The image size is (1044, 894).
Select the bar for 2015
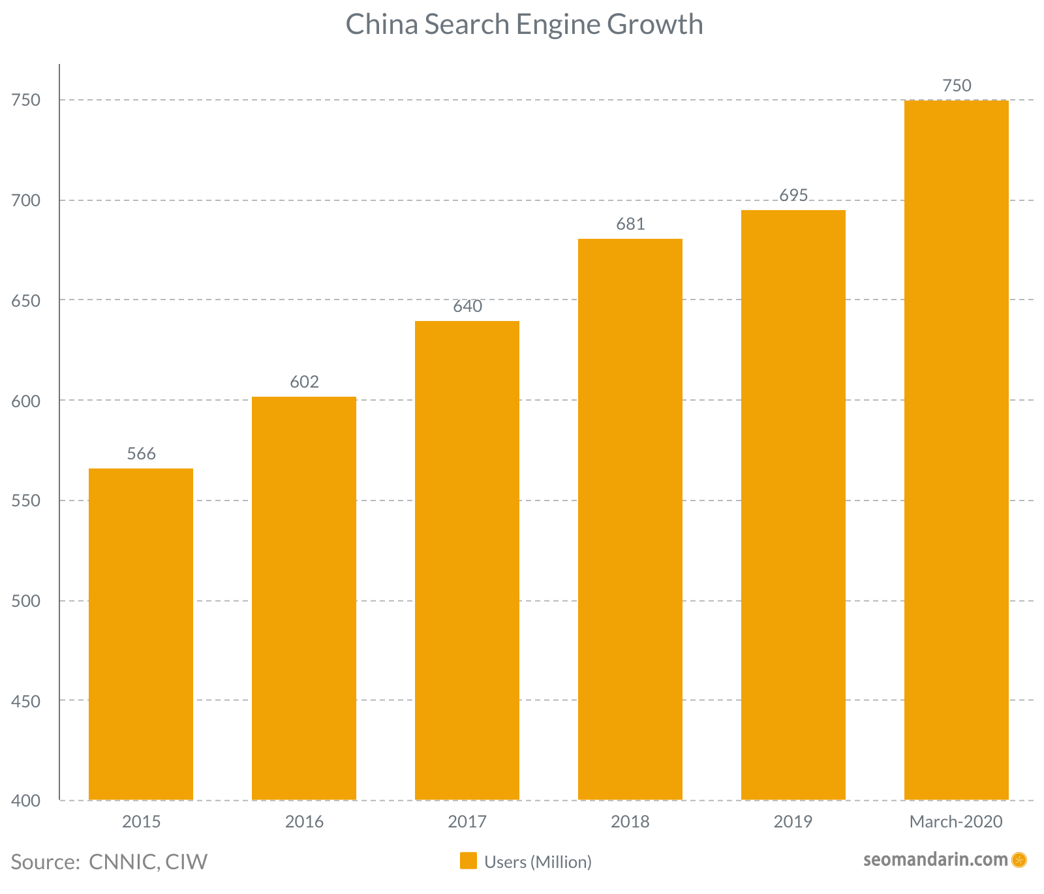click(x=141, y=634)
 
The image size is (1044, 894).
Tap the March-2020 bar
click(x=956, y=450)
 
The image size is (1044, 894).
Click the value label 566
click(x=142, y=454)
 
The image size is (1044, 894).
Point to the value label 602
click(x=304, y=382)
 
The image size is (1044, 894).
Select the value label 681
click(x=630, y=224)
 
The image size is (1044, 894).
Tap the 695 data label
click(x=793, y=195)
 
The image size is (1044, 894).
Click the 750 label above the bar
click(x=957, y=85)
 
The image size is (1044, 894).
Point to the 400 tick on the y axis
click(x=26, y=801)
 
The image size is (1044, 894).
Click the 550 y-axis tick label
click(x=26, y=501)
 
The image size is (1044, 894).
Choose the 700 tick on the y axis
click(x=26, y=200)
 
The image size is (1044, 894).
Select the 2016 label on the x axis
click(x=304, y=822)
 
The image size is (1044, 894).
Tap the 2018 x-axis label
click(x=630, y=822)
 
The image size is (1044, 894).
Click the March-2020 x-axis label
click(x=956, y=822)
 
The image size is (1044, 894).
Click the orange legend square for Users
click(x=468, y=861)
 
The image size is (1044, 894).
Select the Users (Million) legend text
click(x=538, y=862)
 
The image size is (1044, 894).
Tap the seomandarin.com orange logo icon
click(x=1019, y=860)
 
